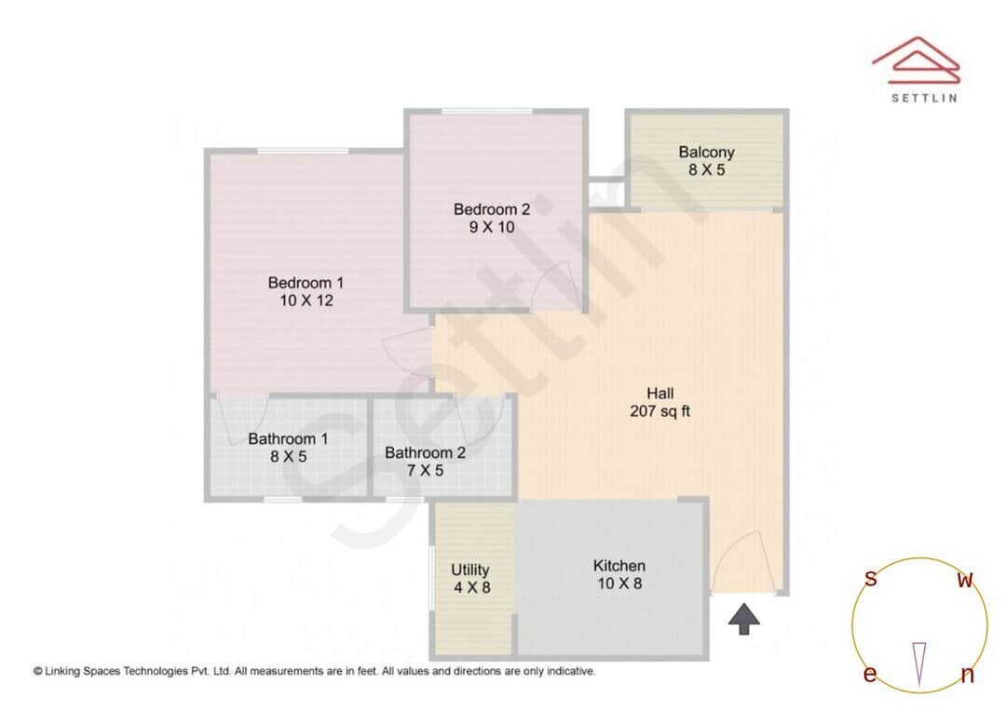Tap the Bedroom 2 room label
(x=492, y=208)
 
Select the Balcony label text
(x=706, y=153)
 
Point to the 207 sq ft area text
(x=659, y=410)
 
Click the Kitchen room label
(x=619, y=566)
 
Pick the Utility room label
(x=470, y=570)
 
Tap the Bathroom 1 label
(x=288, y=439)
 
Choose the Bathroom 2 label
(x=425, y=453)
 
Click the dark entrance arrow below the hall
(x=743, y=619)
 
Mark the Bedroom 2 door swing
(x=557, y=283)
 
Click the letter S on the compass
(x=870, y=579)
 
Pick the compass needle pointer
(x=920, y=663)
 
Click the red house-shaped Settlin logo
(x=916, y=60)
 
